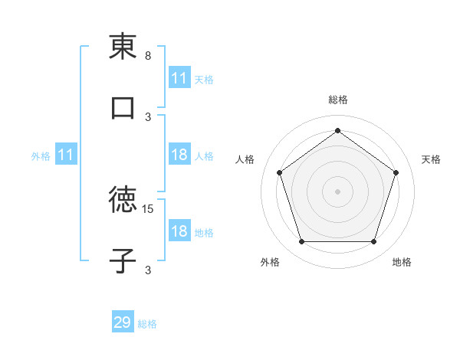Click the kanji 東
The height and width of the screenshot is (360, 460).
[x=123, y=47]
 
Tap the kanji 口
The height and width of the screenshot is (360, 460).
[x=123, y=109]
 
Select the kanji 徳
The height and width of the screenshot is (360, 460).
[x=123, y=201]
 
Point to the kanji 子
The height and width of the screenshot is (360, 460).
[x=123, y=261]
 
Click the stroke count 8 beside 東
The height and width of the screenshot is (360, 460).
[x=148, y=56]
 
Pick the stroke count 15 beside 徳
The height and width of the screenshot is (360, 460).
[x=149, y=208]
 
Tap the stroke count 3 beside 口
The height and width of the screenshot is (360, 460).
[x=148, y=116]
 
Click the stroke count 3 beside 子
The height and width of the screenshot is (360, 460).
[x=148, y=270]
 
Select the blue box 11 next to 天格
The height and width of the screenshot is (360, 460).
[x=179, y=78]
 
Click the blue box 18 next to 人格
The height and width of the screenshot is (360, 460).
[x=179, y=155]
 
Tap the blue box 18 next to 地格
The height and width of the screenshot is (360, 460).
[x=179, y=231]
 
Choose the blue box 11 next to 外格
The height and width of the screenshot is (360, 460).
[x=66, y=155]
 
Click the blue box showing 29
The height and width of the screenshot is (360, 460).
[x=123, y=322]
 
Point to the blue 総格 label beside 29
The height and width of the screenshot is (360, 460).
[x=147, y=324]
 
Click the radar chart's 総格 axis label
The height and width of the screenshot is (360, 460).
[x=338, y=100]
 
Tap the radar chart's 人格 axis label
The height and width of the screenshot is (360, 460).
[x=245, y=159]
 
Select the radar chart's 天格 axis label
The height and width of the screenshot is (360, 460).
[x=431, y=159]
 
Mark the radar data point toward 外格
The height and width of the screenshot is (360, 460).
[x=301, y=242]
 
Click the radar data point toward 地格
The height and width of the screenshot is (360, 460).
[x=373, y=242]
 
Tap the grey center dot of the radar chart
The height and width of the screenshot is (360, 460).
[x=337, y=191]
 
